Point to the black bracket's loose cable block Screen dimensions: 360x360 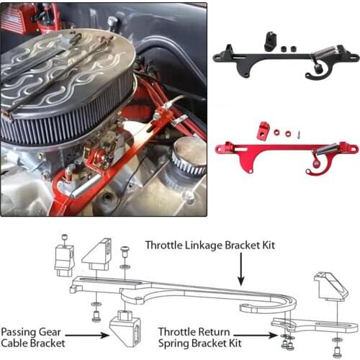[x=270, y=42]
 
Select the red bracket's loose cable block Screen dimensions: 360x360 [x=263, y=130]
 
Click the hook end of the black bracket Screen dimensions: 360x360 [x=311, y=73]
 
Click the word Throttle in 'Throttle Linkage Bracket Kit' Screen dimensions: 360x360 [x=165, y=246]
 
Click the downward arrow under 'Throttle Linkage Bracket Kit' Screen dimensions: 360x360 [x=241, y=272]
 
